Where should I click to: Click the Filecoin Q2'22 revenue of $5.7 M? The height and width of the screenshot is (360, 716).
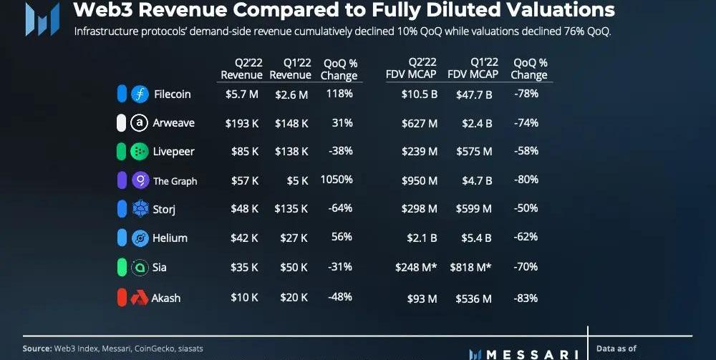tap(241, 94)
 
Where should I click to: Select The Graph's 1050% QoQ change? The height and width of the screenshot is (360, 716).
tap(337, 180)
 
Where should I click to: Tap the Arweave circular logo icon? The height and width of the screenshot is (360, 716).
tap(140, 123)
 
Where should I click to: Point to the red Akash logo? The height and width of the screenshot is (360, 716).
tap(140, 298)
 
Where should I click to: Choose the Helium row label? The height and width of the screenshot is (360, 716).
tap(169, 238)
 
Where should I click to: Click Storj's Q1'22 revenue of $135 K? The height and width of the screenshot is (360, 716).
tap(291, 209)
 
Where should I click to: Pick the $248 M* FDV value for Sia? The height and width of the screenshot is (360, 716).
tap(416, 268)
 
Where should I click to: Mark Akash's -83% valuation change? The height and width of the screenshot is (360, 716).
tap(526, 298)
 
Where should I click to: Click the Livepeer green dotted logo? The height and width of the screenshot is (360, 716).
tap(140, 152)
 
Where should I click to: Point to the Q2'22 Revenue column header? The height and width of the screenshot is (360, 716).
tap(241, 69)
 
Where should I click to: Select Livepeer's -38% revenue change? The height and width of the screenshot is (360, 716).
tap(339, 151)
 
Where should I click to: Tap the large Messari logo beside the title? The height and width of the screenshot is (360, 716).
tap(42, 19)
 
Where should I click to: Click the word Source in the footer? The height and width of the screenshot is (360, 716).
tap(37, 349)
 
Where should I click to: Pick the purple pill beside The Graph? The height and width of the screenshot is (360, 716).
tap(122, 180)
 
